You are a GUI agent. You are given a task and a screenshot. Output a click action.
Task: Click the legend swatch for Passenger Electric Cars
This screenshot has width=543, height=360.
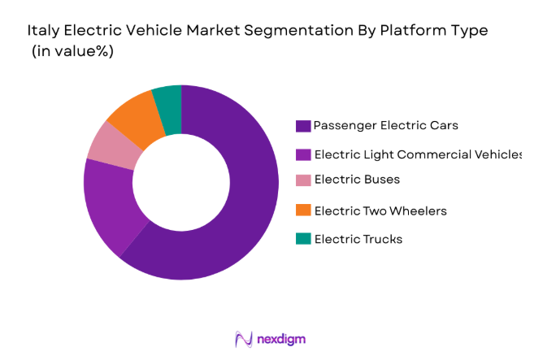click(x=303, y=126)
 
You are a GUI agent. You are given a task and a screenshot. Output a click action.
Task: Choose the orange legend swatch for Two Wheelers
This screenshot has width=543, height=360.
click(x=303, y=211)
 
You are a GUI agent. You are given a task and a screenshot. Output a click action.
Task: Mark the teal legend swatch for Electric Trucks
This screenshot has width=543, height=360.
click(x=303, y=239)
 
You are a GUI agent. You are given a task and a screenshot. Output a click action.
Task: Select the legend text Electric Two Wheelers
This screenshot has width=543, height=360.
click(x=380, y=211)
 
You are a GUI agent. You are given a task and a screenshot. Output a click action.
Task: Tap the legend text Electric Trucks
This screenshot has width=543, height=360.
click(x=358, y=239)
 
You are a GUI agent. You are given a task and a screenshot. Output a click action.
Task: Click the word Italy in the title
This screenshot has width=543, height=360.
click(x=42, y=31)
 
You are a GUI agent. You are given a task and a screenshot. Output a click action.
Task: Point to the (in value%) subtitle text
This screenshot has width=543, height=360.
click(x=72, y=50)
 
